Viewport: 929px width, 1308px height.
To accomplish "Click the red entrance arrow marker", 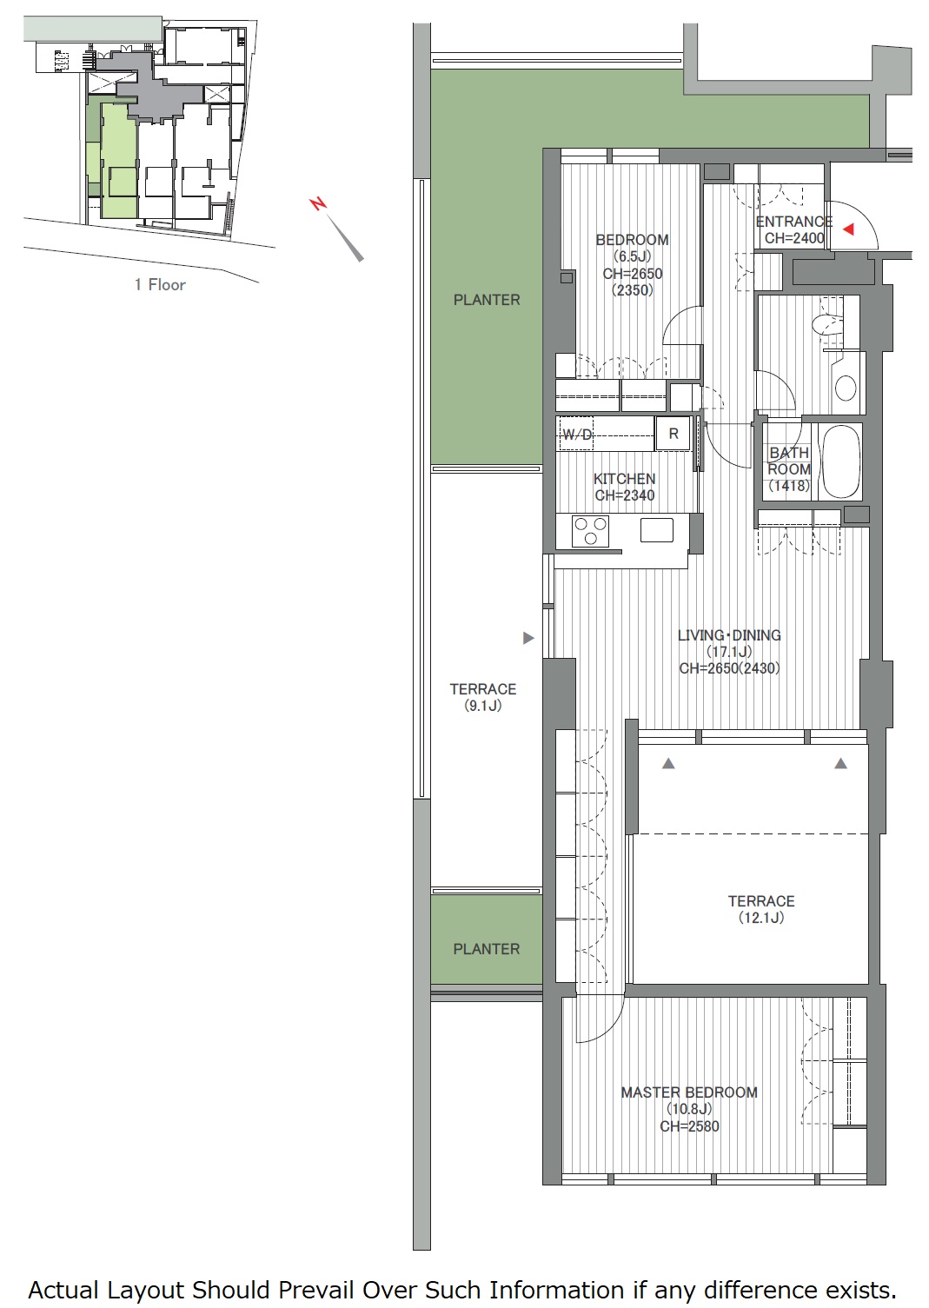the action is [x=848, y=229].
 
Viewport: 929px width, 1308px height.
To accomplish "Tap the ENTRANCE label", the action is [x=794, y=222].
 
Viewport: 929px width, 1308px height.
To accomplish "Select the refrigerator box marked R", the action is [x=674, y=434].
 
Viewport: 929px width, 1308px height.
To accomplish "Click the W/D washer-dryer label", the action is [x=578, y=435].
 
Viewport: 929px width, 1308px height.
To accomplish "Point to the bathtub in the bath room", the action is [x=840, y=461].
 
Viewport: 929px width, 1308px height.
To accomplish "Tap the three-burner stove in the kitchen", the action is [x=590, y=531].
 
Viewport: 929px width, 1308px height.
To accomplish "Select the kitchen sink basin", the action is [x=657, y=530].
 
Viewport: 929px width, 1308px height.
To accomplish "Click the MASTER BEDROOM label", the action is [x=689, y=1092].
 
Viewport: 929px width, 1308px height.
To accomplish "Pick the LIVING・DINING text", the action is [x=729, y=635].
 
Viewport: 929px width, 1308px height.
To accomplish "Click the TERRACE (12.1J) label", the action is [x=761, y=909].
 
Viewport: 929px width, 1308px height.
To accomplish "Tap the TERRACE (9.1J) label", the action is [x=483, y=697].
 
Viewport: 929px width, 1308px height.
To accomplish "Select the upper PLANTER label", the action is [x=487, y=300].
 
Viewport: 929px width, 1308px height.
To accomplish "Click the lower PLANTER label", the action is [x=487, y=949].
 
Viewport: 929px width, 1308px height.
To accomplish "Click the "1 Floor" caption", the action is [x=160, y=285].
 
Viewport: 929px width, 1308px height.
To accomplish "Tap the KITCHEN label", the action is [x=624, y=479].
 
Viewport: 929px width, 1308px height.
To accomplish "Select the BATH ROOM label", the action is [x=789, y=461].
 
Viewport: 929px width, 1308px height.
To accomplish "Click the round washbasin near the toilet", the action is [x=846, y=387].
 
